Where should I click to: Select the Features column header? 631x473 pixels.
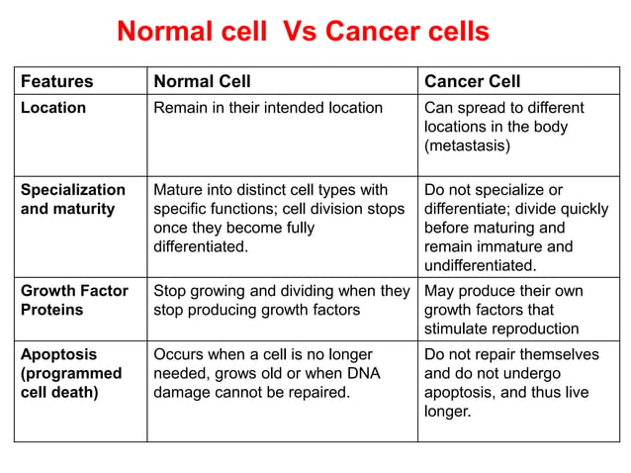(x=57, y=81)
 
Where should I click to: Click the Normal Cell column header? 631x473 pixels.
(x=202, y=81)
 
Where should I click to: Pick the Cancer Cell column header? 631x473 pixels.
(x=472, y=81)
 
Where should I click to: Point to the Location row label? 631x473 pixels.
(x=53, y=108)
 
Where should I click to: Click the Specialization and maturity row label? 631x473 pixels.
(x=73, y=199)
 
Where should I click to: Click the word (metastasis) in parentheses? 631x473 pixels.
(x=467, y=145)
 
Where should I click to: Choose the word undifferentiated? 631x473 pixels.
(x=480, y=266)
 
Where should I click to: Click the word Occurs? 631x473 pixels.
(x=179, y=354)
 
